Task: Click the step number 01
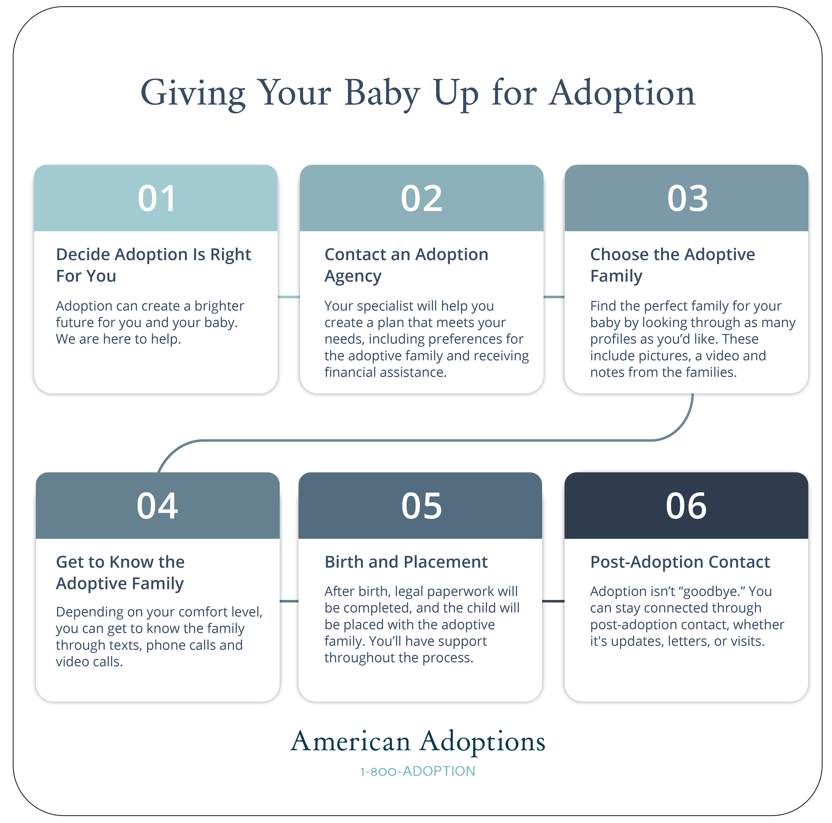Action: (x=157, y=199)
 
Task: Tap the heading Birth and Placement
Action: (x=406, y=562)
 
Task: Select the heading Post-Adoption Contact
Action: (x=679, y=562)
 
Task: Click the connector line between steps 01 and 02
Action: (x=289, y=297)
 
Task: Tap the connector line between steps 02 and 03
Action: (x=554, y=297)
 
